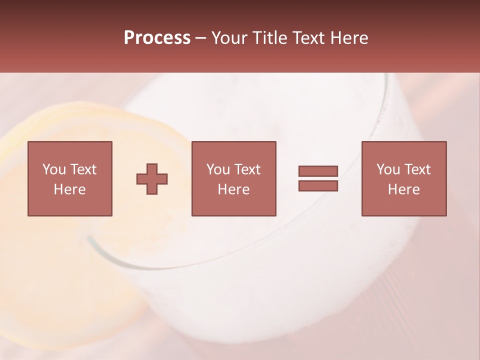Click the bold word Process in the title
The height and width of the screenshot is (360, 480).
157,38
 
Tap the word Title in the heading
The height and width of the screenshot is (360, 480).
268,38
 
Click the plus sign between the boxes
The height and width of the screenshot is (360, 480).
152,178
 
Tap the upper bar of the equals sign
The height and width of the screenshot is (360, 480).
318,171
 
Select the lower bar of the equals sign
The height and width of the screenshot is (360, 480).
318,186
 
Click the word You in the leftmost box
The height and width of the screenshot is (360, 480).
54,169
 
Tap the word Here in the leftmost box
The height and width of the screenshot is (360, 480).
70,189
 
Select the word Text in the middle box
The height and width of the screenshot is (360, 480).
247,169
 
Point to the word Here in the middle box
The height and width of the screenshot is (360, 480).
233,189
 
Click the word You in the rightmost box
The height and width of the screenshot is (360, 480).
388,169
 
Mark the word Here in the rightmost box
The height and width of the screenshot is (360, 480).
403,189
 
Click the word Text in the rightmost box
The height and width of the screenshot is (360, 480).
417,169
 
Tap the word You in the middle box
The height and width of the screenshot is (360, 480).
218,169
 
